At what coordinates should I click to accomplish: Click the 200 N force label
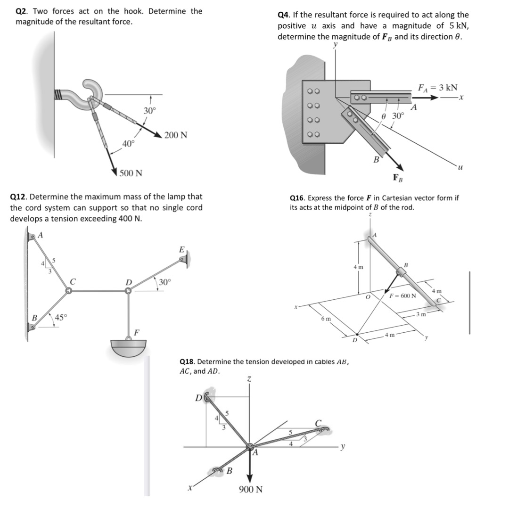(176, 136)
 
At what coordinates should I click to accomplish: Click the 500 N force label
(131, 173)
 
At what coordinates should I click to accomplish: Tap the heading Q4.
(284, 15)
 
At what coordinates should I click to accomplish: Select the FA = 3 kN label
(438, 88)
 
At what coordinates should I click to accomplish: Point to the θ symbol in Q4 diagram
(385, 116)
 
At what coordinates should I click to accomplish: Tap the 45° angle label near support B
(61, 317)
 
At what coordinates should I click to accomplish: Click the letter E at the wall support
(182, 249)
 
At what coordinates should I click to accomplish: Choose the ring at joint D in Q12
(128, 291)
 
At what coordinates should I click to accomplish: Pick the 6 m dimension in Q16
(326, 319)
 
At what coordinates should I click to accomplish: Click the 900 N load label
(251, 489)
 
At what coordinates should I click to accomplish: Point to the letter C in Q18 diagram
(318, 422)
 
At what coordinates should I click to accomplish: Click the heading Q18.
(188, 362)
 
